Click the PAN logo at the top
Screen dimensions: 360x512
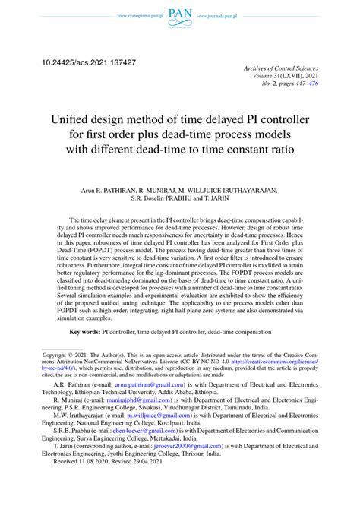[180, 13]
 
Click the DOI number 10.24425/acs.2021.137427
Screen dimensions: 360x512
[89, 60]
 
